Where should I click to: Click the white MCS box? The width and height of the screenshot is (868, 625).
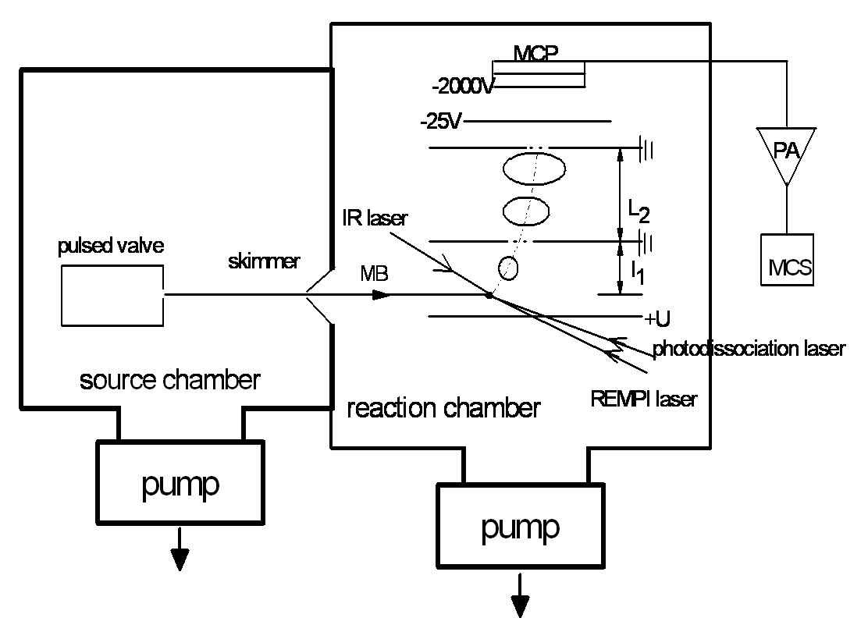tap(787, 260)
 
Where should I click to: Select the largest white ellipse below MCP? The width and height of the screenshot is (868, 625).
tap(534, 169)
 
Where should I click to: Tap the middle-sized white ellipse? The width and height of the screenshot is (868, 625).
tap(526, 211)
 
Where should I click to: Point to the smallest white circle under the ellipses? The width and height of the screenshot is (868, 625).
tap(508, 269)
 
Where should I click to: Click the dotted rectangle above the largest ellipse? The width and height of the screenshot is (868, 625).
tap(539, 147)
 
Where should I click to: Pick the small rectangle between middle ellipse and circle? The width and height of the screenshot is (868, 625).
tap(521, 243)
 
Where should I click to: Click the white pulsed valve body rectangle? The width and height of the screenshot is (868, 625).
tap(112, 295)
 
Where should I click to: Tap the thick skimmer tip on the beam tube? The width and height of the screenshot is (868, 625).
tap(243, 293)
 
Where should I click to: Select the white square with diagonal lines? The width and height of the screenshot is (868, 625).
tap(329, 297)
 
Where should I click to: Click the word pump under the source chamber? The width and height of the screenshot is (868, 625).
tap(180, 484)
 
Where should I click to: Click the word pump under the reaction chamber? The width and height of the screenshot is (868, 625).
tap(520, 527)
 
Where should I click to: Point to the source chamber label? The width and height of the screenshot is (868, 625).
tap(169, 382)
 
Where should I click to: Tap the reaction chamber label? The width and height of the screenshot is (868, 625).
tap(445, 408)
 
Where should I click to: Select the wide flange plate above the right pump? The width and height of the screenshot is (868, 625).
tap(525, 435)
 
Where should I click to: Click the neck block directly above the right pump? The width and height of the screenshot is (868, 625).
tap(525, 464)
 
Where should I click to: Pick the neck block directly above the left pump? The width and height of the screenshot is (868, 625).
tap(180, 422)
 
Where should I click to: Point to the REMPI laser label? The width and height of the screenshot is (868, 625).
tap(648, 400)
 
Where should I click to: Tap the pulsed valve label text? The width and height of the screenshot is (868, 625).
tap(112, 247)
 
